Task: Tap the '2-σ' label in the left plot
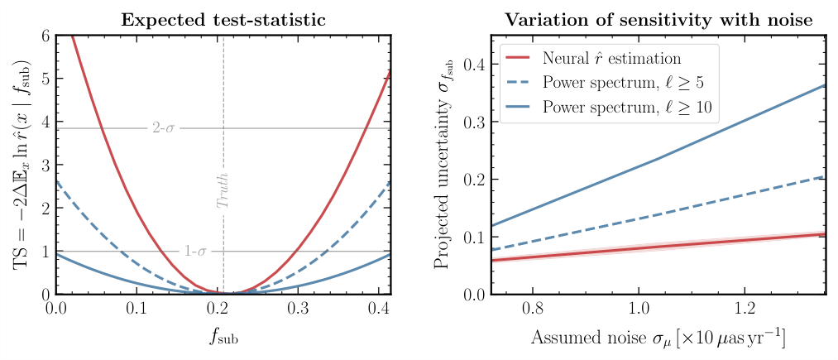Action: [x=165, y=128]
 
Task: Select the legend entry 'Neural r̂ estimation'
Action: [x=612, y=59]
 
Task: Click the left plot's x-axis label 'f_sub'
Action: [x=223, y=339]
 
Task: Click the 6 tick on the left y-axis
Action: [x=45, y=36]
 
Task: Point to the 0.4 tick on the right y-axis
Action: [x=475, y=65]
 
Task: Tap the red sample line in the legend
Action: [x=518, y=59]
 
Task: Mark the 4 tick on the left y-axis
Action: [x=45, y=122]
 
